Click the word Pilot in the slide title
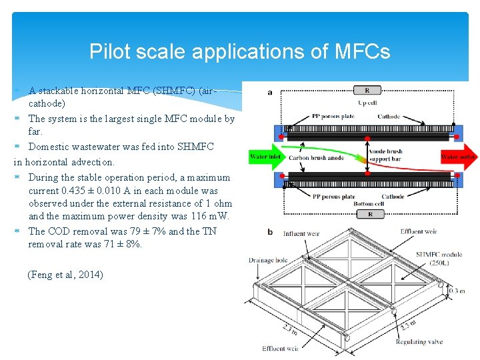(x=105, y=51)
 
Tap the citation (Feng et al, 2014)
(x=65, y=274)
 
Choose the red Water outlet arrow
(x=459, y=157)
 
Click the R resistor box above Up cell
(x=367, y=90)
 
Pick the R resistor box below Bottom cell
(x=367, y=214)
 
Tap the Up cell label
(x=367, y=103)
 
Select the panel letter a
(x=269, y=92)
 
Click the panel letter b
(x=269, y=232)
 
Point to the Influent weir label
(x=304, y=233)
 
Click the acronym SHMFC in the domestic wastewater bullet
(x=194, y=147)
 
